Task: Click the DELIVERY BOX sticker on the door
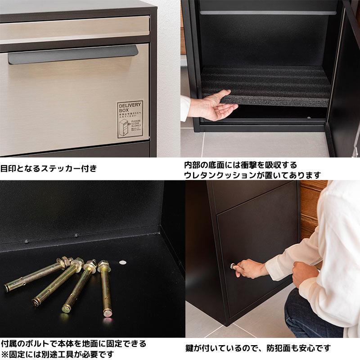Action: tap(130, 119)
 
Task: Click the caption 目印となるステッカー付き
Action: tap(48, 169)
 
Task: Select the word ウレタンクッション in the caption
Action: tap(221, 175)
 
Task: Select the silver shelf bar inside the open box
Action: tap(267, 13)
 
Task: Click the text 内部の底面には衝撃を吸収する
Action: tap(240, 165)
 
